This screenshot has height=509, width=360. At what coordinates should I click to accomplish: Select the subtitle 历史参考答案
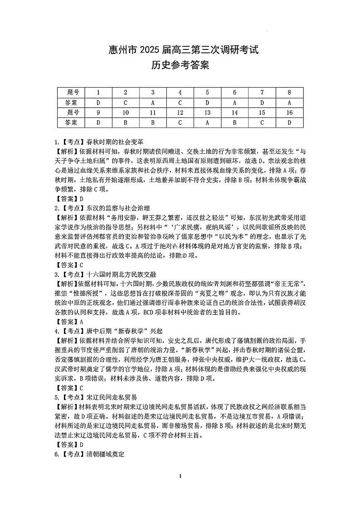coord(180,66)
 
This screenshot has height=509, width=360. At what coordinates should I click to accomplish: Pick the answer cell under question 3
coord(153,103)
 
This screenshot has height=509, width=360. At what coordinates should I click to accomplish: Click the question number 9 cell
coord(98,113)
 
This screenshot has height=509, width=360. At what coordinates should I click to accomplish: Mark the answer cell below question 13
coord(207,122)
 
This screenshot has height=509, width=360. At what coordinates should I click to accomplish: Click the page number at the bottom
coord(180,489)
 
